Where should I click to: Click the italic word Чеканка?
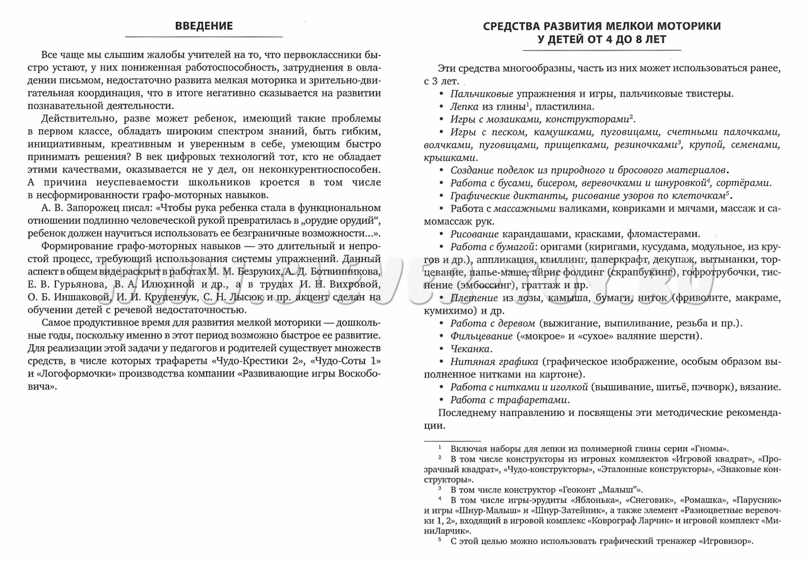point(471,349)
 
